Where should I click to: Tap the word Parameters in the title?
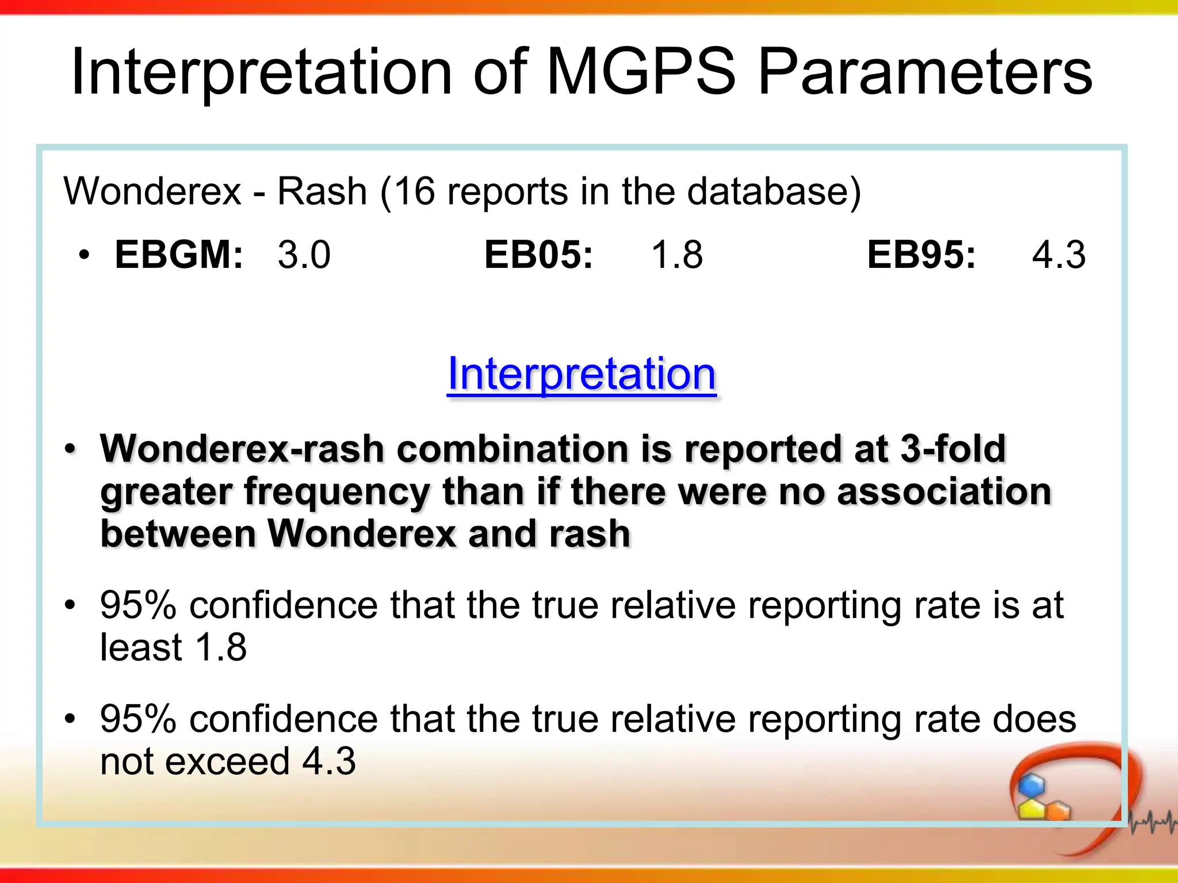click(x=925, y=74)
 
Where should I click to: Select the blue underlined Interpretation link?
click(x=582, y=374)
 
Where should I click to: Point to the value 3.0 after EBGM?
click(x=304, y=255)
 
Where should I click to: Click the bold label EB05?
click(x=538, y=254)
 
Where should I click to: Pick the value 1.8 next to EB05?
click(x=676, y=255)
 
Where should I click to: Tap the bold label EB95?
click(x=921, y=254)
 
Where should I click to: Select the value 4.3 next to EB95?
click(x=1058, y=255)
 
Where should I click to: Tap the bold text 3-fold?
click(x=953, y=448)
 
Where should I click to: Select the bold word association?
click(x=943, y=492)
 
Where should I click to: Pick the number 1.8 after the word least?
click(x=221, y=647)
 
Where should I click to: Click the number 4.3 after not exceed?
click(x=329, y=761)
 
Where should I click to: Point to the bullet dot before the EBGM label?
click(x=85, y=255)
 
